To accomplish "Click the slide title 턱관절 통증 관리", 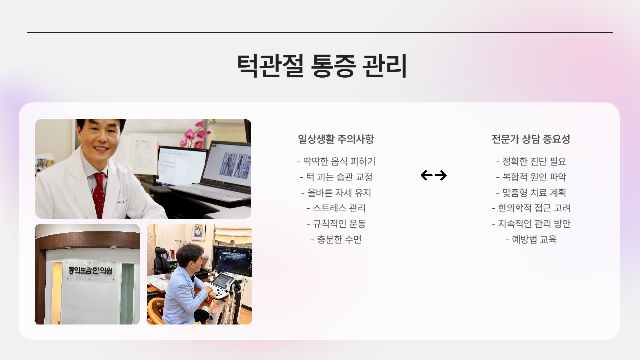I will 322,66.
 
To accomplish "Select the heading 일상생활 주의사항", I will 336,139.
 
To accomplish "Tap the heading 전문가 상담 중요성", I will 531,139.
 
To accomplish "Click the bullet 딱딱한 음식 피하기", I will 336,161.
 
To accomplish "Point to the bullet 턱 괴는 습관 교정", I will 336,177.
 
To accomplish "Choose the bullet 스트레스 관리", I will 336,208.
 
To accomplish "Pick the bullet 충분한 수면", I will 336,239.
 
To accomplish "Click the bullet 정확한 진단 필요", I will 531,161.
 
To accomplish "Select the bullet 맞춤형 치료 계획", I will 531,193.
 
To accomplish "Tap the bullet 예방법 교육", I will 531,239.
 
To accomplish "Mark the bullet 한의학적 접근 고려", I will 531,208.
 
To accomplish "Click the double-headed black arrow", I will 433,175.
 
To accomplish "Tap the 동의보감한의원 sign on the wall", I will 90,270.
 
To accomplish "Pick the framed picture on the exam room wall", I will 198,232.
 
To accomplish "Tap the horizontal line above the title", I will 320,33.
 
